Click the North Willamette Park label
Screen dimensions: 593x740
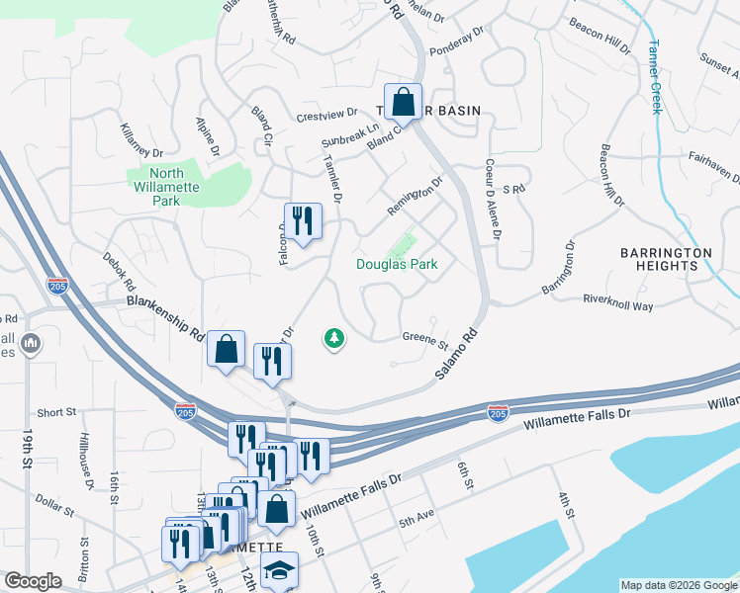point(153,186)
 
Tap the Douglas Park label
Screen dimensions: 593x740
point(397,264)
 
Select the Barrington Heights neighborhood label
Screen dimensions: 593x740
point(666,259)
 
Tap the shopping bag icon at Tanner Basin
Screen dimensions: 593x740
point(404,102)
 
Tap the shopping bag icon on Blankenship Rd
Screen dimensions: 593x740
point(227,349)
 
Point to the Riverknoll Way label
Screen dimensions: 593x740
point(618,302)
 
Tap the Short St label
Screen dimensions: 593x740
point(56,412)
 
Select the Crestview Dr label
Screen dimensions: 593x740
point(325,116)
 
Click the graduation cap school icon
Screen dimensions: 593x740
point(280,571)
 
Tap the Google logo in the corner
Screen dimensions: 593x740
point(33,581)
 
